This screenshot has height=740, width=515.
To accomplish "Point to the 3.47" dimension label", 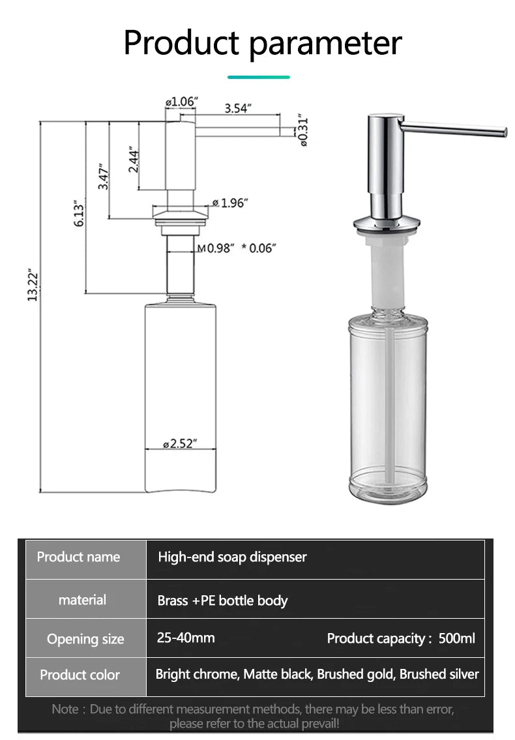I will coord(103,176).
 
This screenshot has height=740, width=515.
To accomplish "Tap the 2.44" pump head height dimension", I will coord(134,159).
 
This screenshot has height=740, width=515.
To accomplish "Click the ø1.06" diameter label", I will coord(181,102).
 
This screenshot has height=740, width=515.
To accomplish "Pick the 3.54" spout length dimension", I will coord(237,108).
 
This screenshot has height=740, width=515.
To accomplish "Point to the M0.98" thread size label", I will coord(220,248).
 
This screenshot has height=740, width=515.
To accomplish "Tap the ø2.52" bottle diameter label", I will coord(180,444).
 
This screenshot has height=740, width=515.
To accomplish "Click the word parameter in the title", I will coord(325,43).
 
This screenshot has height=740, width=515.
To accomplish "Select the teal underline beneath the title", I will coord(258,77).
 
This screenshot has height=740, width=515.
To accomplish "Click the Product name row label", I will coord(78,557).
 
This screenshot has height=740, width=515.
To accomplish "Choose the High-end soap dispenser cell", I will coord(232,557).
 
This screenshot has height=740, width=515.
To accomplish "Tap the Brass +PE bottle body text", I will coord(222,600).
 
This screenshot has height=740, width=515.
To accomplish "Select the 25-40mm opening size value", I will coord(186,638).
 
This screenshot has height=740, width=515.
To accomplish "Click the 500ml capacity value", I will coord(457,638).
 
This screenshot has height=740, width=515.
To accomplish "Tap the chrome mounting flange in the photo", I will coord(387,224).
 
